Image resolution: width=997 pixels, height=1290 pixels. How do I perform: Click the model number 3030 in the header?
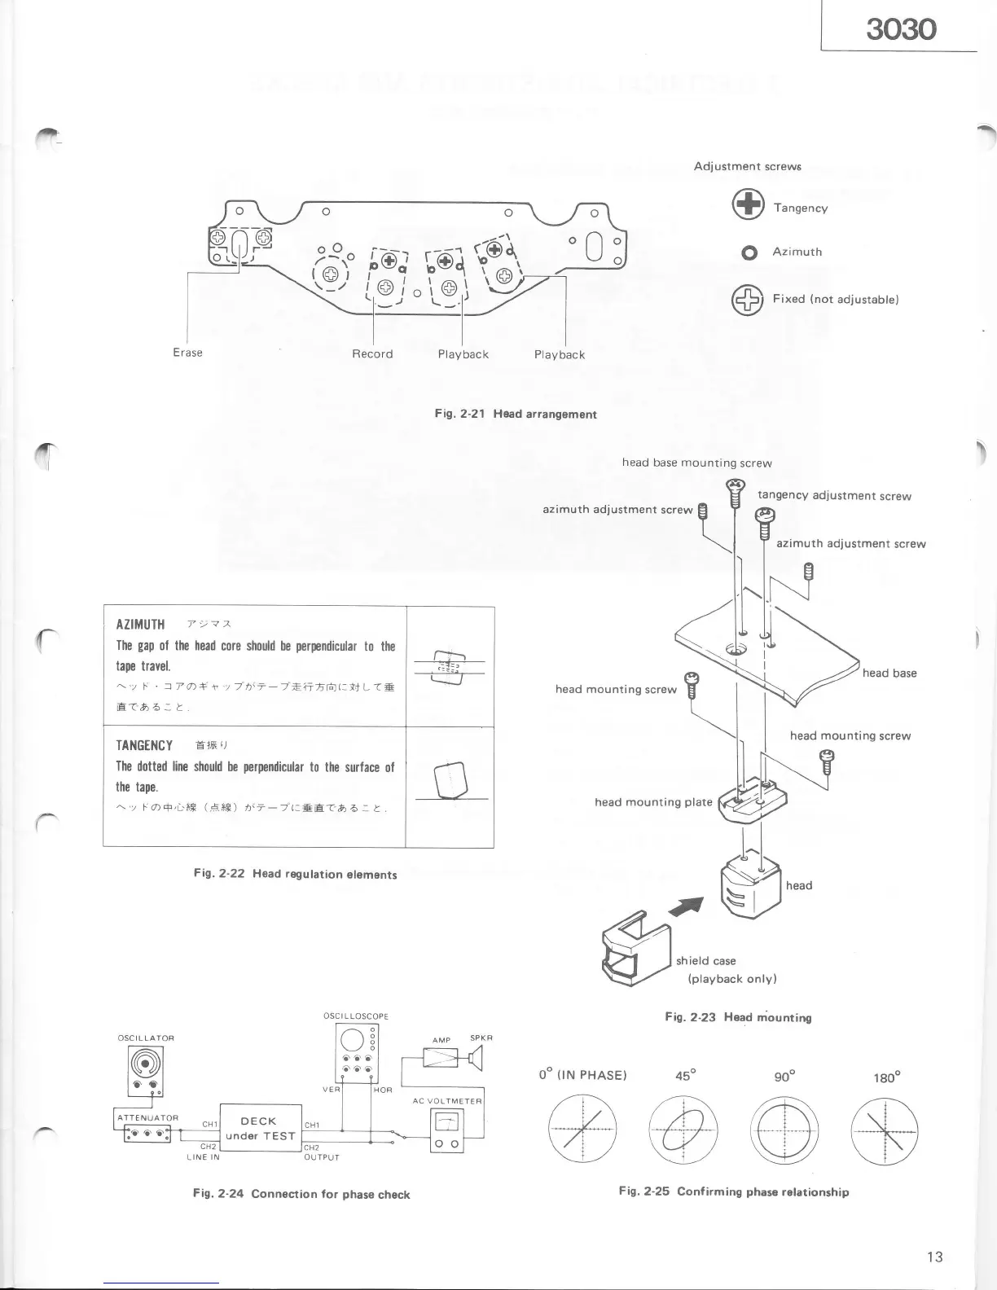click(901, 29)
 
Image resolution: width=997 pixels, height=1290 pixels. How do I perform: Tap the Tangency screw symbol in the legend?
click(748, 205)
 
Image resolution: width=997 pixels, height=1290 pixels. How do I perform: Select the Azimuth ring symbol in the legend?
click(749, 252)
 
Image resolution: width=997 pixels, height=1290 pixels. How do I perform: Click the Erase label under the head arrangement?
click(187, 353)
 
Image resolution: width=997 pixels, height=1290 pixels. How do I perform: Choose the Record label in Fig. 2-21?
click(372, 354)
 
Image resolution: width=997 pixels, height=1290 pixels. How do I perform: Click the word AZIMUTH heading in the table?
click(140, 625)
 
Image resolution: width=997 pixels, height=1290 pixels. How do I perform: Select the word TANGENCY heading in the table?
click(144, 745)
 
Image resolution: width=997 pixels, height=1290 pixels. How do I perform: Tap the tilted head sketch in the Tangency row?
click(450, 780)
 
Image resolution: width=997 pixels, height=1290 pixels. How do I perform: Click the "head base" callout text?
click(889, 674)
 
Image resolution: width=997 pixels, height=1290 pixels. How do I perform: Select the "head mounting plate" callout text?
click(653, 802)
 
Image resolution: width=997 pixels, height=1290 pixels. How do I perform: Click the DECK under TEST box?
click(261, 1128)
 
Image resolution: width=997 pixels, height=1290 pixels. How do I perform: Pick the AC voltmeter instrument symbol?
click(446, 1130)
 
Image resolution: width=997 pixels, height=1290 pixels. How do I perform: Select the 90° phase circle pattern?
click(784, 1131)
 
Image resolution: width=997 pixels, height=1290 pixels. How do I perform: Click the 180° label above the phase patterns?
click(885, 1077)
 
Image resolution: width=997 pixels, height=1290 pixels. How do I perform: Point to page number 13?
click(934, 1257)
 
